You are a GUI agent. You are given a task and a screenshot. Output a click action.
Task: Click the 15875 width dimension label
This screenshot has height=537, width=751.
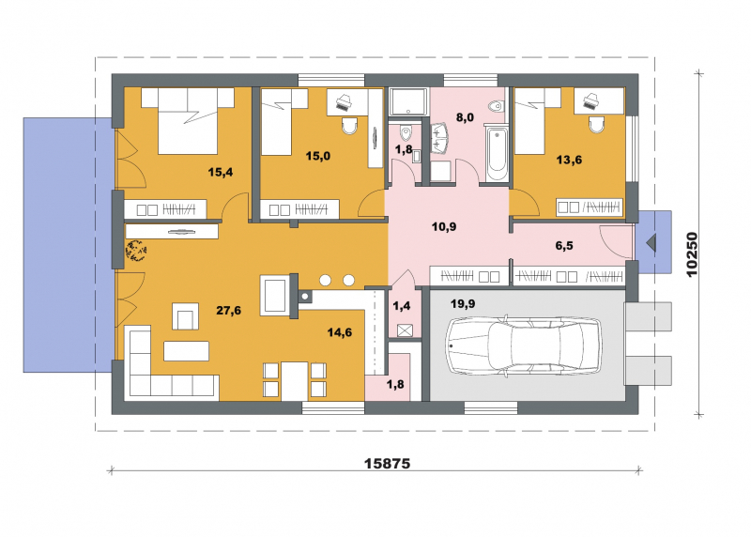pyautogui.click(x=387, y=463)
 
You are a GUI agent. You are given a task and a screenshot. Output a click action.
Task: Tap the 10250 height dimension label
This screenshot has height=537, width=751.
pyautogui.click(x=692, y=254)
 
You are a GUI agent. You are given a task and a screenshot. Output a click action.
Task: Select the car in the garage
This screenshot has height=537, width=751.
pyautogui.click(x=524, y=345)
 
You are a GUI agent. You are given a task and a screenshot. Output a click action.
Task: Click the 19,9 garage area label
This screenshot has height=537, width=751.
pyautogui.click(x=463, y=303)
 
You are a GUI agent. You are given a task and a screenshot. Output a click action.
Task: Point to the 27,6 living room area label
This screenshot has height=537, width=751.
pyautogui.click(x=228, y=311)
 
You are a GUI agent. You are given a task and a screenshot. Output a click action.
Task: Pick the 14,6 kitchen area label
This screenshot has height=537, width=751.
pyautogui.click(x=340, y=332)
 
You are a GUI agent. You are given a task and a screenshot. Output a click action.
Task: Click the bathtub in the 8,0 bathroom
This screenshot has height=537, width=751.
pyautogui.click(x=497, y=152)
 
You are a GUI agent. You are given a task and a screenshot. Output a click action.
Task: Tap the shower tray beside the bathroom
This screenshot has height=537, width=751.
pyautogui.click(x=407, y=102)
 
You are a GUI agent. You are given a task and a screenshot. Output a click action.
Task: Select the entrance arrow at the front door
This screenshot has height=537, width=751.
pyautogui.click(x=651, y=243)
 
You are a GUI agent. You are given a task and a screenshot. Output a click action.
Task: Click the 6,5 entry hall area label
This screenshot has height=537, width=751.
pyautogui.click(x=564, y=246)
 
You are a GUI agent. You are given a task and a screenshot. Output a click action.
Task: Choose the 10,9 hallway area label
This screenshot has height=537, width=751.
pyautogui.click(x=444, y=226)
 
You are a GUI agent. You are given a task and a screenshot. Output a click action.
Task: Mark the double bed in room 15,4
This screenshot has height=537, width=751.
pyautogui.click(x=187, y=121)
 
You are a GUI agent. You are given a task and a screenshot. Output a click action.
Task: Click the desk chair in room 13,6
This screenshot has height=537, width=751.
pyautogui.click(x=597, y=125)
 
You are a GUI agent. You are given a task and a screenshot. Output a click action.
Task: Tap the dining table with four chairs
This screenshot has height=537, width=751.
pyautogui.click(x=295, y=380)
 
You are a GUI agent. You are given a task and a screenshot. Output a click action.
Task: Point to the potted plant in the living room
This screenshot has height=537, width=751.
pyautogui.click(x=135, y=250)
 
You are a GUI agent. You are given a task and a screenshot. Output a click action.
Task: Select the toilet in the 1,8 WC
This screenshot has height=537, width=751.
pyautogui.click(x=406, y=130)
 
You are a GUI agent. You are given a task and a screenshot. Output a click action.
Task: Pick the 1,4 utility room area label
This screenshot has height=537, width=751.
pyautogui.click(x=402, y=306)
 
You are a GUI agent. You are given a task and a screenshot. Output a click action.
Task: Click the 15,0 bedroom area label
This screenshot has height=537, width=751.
pyautogui.click(x=318, y=156)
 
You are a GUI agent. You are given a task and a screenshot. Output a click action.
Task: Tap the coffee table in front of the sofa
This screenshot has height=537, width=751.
pyautogui.click(x=186, y=351)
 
